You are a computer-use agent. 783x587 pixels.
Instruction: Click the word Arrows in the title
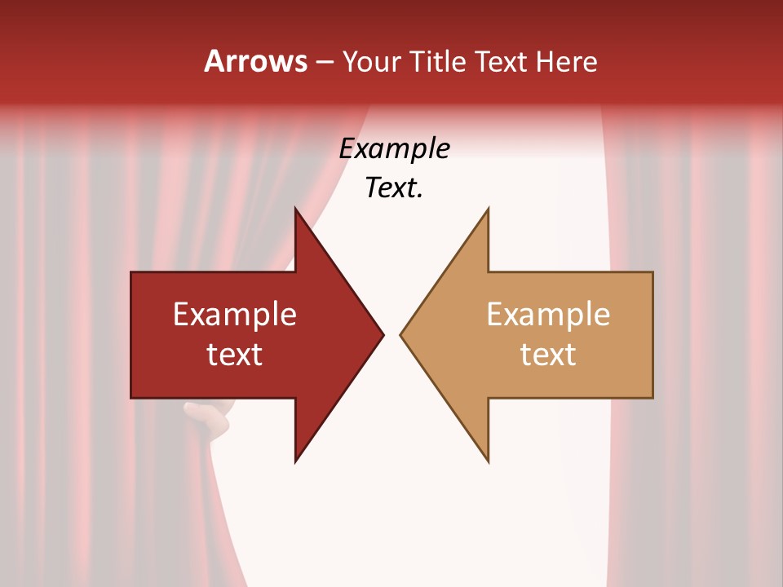pyautogui.click(x=255, y=61)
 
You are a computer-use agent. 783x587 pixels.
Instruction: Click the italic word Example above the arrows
pyautogui.click(x=394, y=148)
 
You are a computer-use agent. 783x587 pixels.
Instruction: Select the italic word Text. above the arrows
pyautogui.click(x=394, y=188)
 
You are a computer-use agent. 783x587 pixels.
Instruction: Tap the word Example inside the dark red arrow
pyautogui.click(x=235, y=314)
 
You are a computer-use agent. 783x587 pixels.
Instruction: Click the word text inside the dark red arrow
pyautogui.click(x=235, y=355)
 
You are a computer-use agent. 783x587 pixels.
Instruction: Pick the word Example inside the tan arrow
pyautogui.click(x=548, y=314)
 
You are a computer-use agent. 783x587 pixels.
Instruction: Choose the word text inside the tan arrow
pyautogui.click(x=548, y=355)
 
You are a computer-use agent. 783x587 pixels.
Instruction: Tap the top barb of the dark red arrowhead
pyautogui.click(x=297, y=214)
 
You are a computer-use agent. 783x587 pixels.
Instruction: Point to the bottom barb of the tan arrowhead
pyautogui.click(x=486, y=457)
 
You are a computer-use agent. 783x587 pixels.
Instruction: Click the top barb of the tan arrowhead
pyautogui.click(x=486, y=214)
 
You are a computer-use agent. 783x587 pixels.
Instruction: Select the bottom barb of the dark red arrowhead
pyautogui.click(x=297, y=457)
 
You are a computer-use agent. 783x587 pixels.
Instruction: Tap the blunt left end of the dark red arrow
pyautogui.click(x=133, y=334)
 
